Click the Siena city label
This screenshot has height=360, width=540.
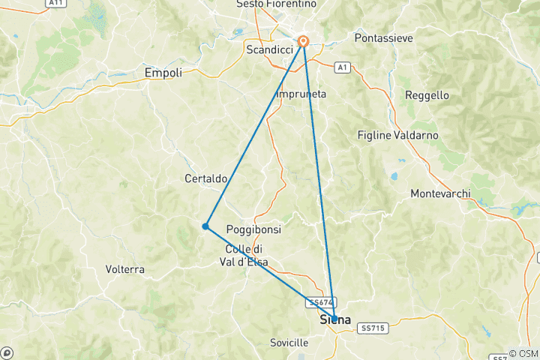pos(335,320)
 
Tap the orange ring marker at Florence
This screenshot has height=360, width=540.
pos(304,42)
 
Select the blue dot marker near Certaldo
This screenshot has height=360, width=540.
pos(205,226)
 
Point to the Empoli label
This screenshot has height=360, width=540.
pos(163,73)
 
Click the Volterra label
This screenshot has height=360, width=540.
pos(125,268)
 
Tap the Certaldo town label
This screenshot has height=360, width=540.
pos(206,178)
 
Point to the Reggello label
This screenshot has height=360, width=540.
pos(427,95)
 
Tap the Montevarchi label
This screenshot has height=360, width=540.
pos(441,193)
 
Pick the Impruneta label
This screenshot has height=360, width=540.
pos(301,94)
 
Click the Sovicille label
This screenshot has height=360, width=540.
pos(289,343)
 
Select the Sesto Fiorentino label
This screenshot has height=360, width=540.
pos(276,4)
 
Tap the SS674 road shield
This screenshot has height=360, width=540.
pos(316,302)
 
